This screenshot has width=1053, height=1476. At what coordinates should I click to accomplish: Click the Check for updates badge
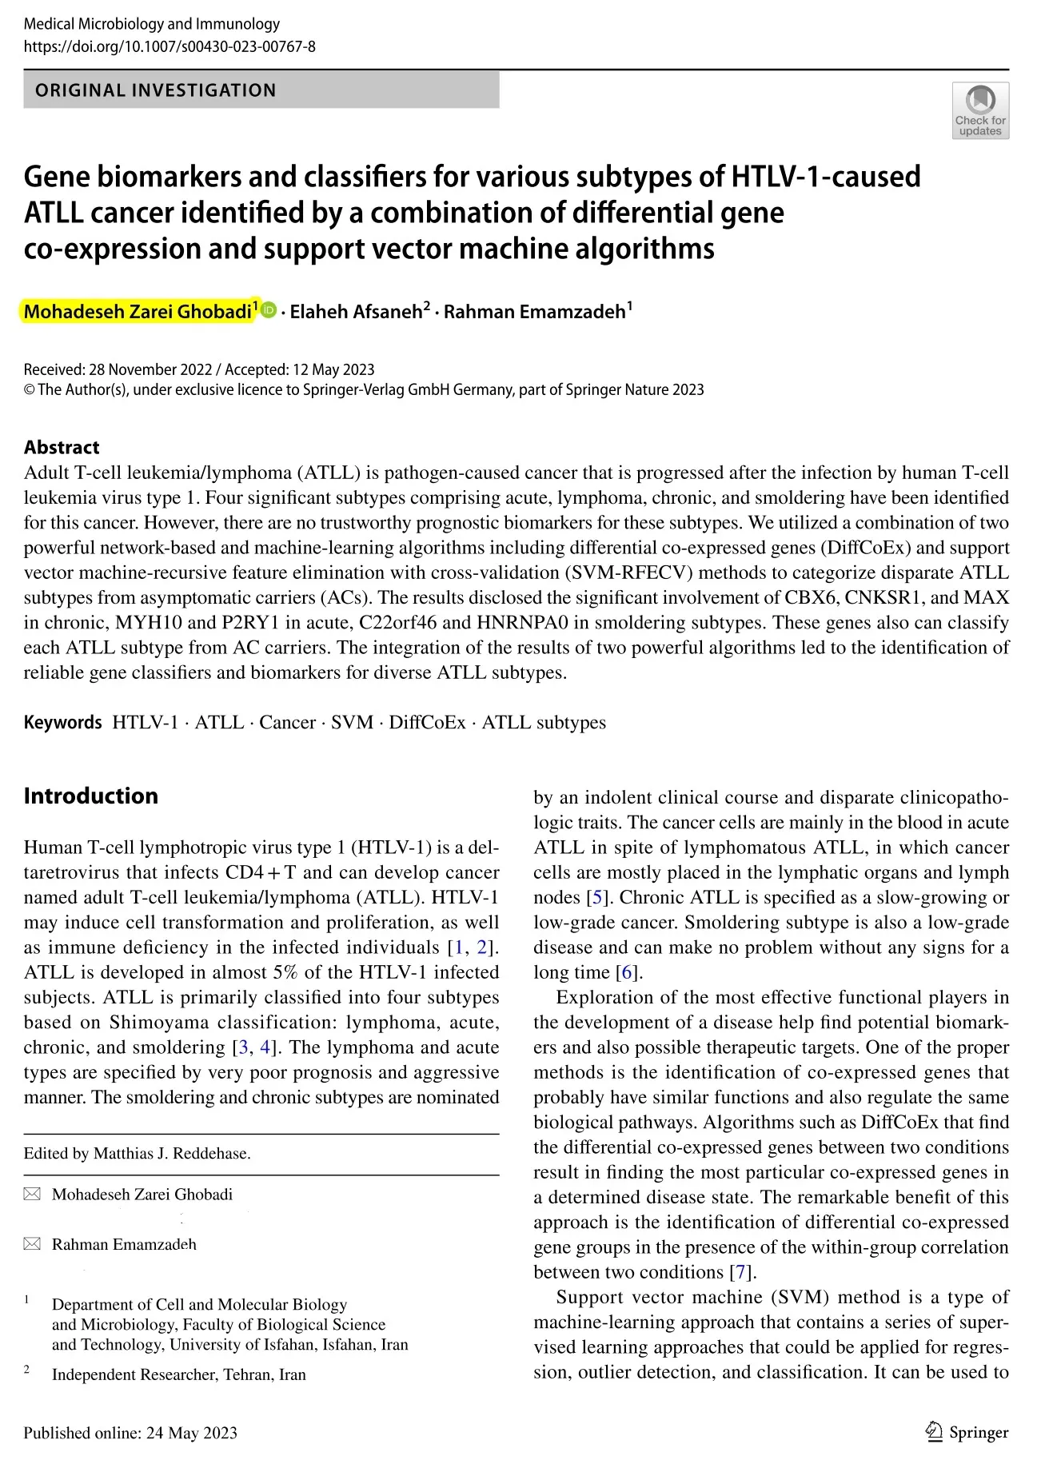tap(979, 110)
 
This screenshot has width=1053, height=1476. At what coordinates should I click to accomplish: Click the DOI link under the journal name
tap(170, 46)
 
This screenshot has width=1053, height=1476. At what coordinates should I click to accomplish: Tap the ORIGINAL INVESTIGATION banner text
tap(156, 90)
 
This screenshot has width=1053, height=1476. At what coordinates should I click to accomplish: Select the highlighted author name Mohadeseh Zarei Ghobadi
tap(138, 312)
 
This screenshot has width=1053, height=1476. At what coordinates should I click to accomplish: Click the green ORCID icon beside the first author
tap(269, 310)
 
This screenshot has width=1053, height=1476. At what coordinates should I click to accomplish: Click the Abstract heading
tap(62, 447)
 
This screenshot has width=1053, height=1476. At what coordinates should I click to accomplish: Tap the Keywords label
tap(62, 723)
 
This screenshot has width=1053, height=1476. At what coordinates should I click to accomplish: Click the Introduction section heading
tap(91, 796)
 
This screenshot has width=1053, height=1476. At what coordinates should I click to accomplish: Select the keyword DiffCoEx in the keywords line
tap(427, 723)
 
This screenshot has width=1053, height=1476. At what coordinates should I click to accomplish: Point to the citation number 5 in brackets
tap(596, 897)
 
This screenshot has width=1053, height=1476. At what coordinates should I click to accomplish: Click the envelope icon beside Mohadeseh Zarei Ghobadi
tap(32, 1195)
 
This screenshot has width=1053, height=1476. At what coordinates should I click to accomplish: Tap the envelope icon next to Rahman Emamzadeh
tap(32, 1244)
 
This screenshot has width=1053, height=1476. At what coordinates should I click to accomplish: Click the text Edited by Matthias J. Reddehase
tap(137, 1154)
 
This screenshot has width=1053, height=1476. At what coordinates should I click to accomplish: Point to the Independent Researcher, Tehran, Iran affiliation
tap(178, 1374)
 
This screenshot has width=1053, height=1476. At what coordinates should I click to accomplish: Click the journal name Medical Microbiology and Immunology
tap(152, 24)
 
